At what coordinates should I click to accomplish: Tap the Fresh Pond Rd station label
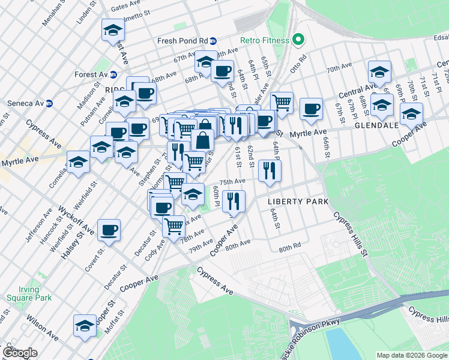[182, 41]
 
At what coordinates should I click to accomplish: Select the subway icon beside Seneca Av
[50, 103]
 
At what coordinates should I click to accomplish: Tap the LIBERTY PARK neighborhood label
[298, 202]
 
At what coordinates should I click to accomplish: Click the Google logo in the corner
[20, 353]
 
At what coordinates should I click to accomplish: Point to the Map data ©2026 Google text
[411, 355]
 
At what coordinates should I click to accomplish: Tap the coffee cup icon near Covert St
[109, 230]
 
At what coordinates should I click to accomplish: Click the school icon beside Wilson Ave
[85, 325]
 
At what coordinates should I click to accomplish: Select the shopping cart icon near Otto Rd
[281, 103]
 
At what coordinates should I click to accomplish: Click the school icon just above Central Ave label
[379, 72]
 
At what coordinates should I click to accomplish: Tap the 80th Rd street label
[289, 248]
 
